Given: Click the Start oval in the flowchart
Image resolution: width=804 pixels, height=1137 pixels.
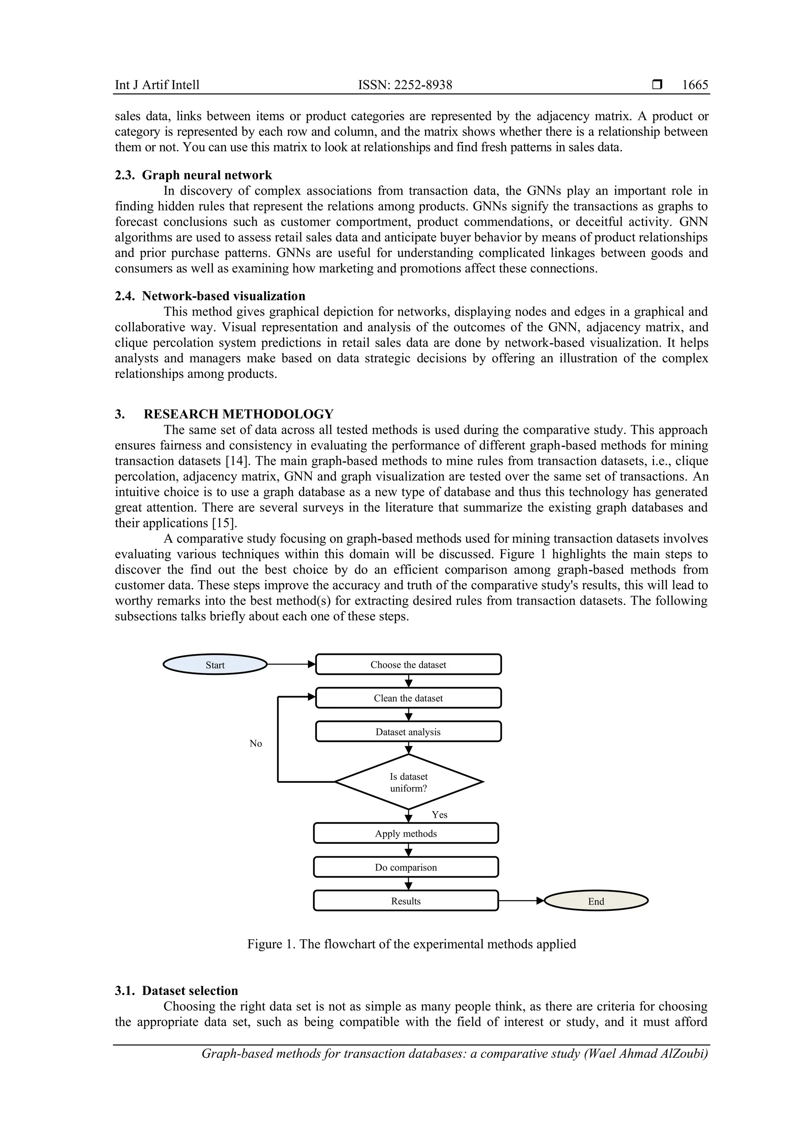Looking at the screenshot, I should click(x=215, y=665).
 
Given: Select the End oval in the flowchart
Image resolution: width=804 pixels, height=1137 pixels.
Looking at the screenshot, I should click(x=596, y=901).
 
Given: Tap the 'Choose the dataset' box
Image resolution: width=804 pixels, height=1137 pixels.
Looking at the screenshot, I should click(x=408, y=665).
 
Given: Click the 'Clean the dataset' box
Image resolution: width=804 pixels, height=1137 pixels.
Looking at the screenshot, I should click(x=408, y=698).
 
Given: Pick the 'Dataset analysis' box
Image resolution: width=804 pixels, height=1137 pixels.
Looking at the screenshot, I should click(x=408, y=732).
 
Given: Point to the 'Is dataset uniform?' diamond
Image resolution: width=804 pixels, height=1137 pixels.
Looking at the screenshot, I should click(x=408, y=782).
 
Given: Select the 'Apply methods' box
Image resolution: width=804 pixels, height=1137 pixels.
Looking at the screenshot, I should click(x=406, y=834).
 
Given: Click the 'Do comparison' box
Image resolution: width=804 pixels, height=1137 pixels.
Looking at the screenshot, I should click(x=406, y=867).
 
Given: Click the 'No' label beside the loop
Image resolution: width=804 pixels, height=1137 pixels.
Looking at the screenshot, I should click(x=256, y=743).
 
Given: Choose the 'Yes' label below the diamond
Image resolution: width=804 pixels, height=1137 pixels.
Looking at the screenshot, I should click(x=439, y=815).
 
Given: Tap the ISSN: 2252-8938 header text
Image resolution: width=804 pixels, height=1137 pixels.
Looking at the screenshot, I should click(x=405, y=85).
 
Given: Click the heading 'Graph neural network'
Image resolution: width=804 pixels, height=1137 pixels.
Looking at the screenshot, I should click(x=207, y=175).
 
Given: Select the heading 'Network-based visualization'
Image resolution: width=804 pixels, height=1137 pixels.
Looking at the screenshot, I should click(x=223, y=296).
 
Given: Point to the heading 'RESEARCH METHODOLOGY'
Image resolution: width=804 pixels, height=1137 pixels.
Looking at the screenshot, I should click(x=239, y=414).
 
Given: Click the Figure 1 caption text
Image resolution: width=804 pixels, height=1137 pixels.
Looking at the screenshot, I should click(x=411, y=944).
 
